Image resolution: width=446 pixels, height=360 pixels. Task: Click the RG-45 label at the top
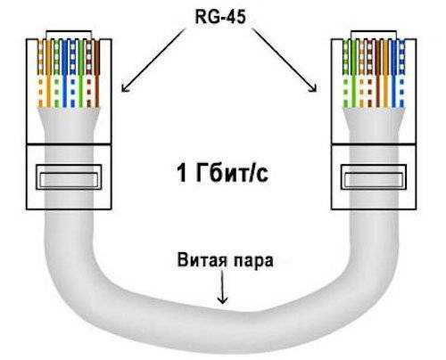coord(220,17)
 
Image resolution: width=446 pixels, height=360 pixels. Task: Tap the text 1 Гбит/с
coord(223,173)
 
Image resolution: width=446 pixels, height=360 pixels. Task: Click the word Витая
coord(202,260)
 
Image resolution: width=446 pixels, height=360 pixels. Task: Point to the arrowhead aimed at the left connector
coord(125,88)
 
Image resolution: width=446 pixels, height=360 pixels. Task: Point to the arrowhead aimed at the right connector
coord(314,88)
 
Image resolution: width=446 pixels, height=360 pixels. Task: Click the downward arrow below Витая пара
coord(222,286)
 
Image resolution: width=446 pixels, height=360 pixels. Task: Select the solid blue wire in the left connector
coord(65,73)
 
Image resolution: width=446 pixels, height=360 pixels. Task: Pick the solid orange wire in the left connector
coord(48,73)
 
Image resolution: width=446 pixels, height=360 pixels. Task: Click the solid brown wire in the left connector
coord(97,73)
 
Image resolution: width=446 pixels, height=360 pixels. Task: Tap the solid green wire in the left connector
coord(81,73)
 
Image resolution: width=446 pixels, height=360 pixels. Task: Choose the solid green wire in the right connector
coord(353,73)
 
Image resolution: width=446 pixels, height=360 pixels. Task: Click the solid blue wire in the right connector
coord(394,73)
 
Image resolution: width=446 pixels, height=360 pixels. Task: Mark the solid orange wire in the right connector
coord(386,73)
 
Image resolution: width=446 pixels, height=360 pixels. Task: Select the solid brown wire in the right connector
coord(378,73)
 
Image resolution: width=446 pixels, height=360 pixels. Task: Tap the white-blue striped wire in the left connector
coord(73,73)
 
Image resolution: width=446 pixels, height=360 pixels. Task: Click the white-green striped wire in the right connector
coord(345,73)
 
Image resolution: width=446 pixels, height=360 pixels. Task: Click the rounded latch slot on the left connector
coord(69,177)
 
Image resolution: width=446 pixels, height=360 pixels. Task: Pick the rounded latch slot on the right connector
coord(374,177)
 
